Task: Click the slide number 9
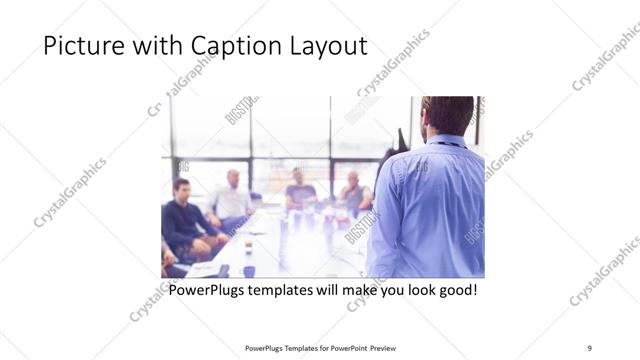(x=589, y=348)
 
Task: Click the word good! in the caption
(x=455, y=291)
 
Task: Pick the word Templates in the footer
(x=297, y=348)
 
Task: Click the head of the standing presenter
(x=446, y=115)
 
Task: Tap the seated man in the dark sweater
(x=184, y=215)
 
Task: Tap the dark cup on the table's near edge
(x=248, y=271)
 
